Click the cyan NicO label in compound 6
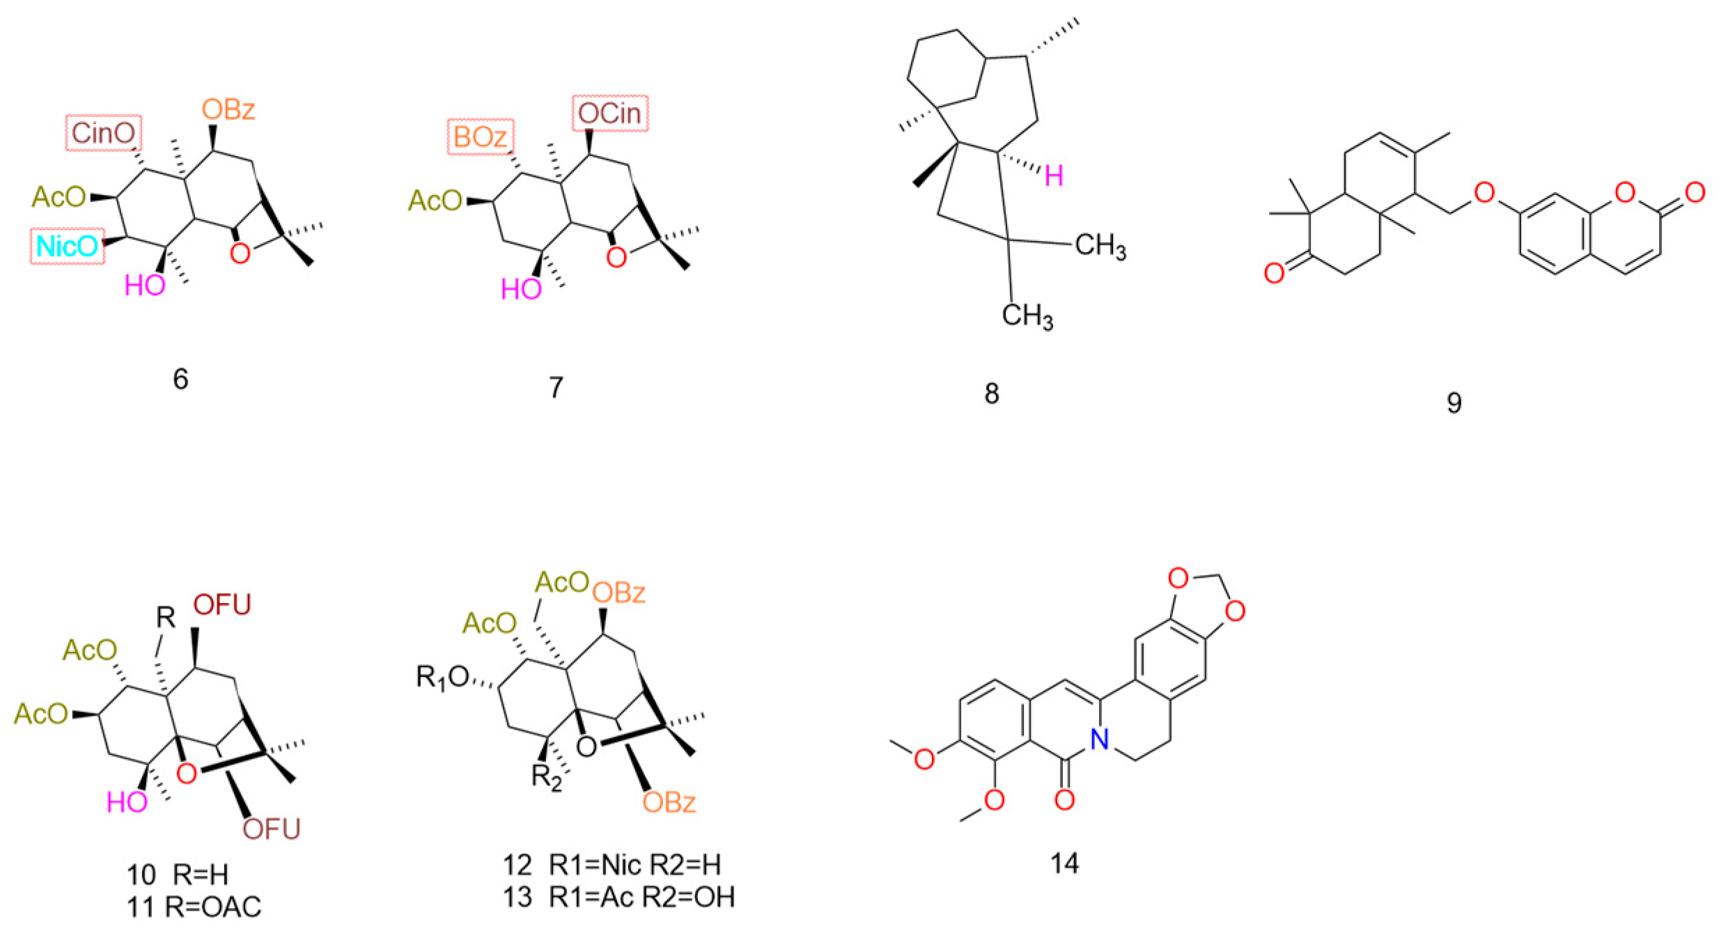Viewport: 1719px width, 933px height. [x=68, y=246]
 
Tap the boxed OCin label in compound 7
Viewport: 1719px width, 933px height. [x=610, y=113]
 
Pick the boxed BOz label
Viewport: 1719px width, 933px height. [x=480, y=137]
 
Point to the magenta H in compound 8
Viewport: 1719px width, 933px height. [x=1054, y=176]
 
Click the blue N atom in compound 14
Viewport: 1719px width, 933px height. [x=1099, y=742]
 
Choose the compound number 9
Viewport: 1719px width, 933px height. [x=1454, y=402]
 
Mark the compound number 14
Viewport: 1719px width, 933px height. [x=1065, y=863]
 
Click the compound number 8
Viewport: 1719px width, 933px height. [x=992, y=394]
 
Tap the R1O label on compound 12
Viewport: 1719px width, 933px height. [x=441, y=677]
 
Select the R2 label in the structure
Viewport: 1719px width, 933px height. [x=546, y=775]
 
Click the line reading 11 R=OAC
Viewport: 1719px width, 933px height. [x=194, y=907]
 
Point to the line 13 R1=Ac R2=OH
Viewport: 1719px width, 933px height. [x=619, y=897]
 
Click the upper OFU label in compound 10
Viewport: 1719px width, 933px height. [x=222, y=605]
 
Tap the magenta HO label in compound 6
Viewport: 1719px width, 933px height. [x=145, y=285]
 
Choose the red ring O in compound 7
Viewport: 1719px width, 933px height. [x=616, y=258]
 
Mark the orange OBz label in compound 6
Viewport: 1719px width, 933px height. [x=228, y=109]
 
